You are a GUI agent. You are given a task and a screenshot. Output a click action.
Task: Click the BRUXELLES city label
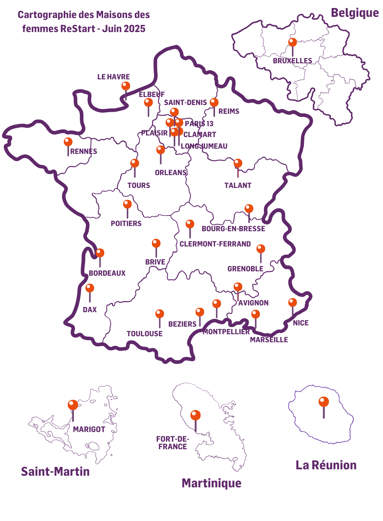point(292,61)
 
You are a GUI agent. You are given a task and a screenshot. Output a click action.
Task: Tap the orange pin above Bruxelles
point(293,42)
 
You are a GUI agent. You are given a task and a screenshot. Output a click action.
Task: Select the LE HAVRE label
point(113,77)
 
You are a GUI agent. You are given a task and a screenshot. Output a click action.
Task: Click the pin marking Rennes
point(68,142)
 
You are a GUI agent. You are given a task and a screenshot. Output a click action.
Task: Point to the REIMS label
point(229,111)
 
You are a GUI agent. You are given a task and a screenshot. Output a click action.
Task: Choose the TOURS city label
point(139,186)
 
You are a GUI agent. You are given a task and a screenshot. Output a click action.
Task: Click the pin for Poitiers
point(128,204)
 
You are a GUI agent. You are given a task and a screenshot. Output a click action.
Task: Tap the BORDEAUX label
point(107,273)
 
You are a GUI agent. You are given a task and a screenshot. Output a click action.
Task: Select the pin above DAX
point(90,289)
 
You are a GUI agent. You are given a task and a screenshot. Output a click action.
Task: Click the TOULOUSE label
point(144,334)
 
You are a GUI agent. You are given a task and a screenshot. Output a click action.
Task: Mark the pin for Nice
point(293,303)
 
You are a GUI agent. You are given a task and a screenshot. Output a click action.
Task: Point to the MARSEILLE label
point(269,340)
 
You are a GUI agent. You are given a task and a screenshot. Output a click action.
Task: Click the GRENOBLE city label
point(245,269)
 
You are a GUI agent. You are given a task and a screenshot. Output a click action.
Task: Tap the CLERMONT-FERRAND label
point(215,244)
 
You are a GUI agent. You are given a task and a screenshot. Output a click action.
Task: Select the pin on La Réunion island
point(324,402)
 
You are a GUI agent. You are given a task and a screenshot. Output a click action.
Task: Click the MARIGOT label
point(89,430)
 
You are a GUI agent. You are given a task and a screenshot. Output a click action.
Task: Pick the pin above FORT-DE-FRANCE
point(196,416)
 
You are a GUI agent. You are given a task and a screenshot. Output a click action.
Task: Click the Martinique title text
point(211,483)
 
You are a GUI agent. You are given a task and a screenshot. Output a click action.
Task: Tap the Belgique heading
point(355,13)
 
